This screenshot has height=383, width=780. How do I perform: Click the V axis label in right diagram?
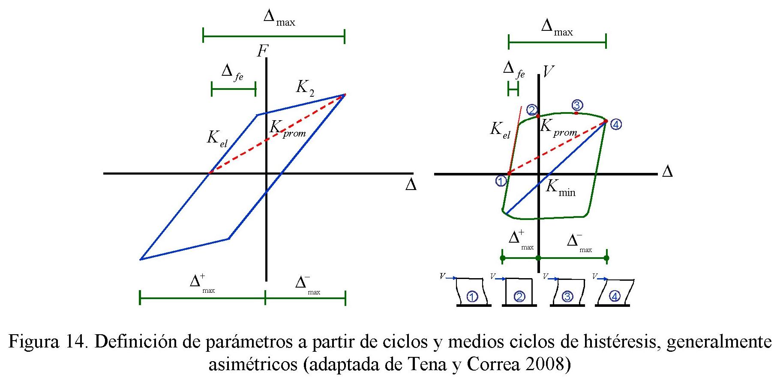(548, 71)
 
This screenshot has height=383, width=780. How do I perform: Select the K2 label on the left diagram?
(305, 88)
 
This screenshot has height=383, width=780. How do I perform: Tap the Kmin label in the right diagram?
(560, 188)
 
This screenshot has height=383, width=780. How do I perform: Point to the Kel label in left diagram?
(217, 139)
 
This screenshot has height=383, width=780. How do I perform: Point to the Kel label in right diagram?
(500, 129)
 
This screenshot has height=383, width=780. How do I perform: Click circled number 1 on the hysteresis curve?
(501, 181)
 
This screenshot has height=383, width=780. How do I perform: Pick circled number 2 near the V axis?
(532, 110)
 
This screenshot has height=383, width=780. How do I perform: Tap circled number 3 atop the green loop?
(576, 105)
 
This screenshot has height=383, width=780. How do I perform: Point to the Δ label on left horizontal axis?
(411, 186)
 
